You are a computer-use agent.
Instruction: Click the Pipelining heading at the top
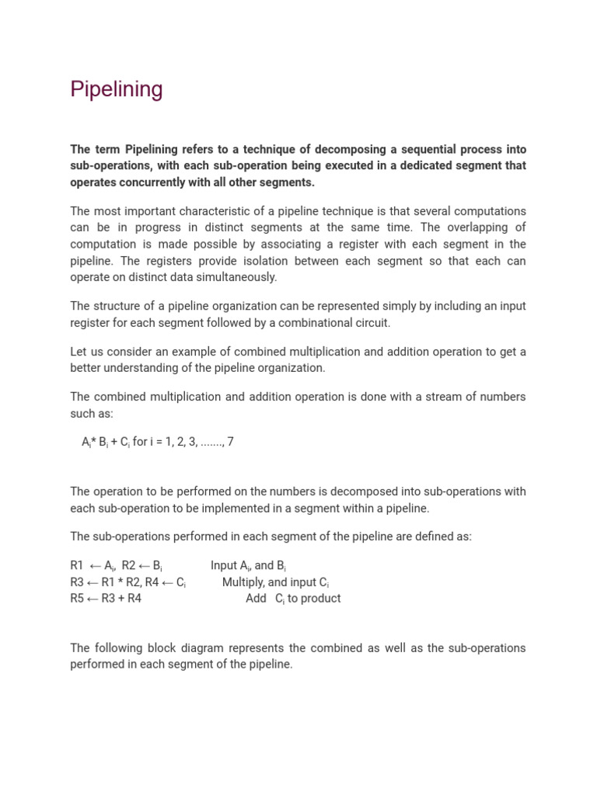(117, 90)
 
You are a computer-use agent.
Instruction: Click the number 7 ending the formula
(230, 442)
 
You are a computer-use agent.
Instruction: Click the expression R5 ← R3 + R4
(106, 599)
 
